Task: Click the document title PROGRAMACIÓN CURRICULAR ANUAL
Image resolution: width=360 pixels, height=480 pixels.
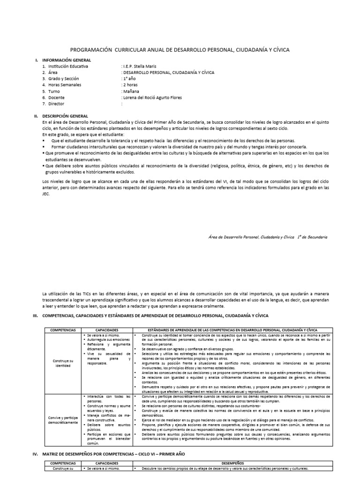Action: click(180, 49)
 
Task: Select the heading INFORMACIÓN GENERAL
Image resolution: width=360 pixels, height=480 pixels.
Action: click(67, 60)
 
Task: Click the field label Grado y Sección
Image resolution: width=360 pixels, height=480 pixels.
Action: click(59, 79)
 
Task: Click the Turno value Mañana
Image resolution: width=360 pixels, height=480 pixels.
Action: click(132, 91)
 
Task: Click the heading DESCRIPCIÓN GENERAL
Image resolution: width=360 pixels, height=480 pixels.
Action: click(65, 116)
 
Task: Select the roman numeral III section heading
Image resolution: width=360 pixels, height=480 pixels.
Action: click(155, 316)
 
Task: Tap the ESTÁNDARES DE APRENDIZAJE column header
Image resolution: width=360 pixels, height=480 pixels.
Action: click(232, 330)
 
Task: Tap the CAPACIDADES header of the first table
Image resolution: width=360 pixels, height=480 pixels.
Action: click(107, 330)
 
